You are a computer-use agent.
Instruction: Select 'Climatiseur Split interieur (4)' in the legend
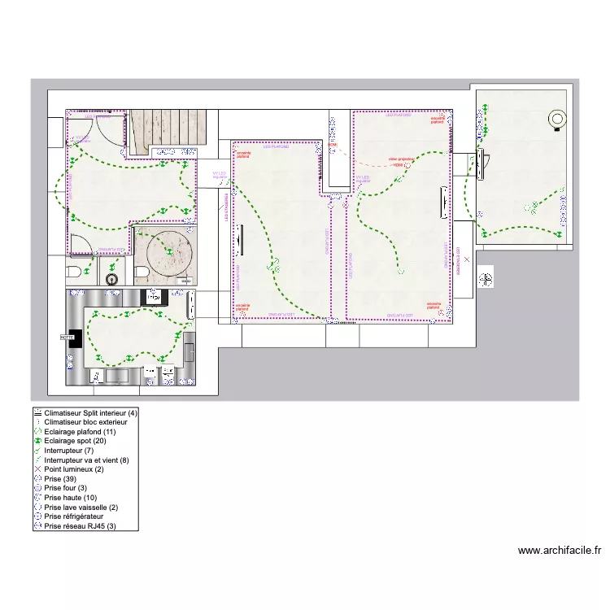pyautogui.click(x=90, y=413)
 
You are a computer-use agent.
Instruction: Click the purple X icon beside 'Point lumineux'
pyautogui.click(x=37, y=469)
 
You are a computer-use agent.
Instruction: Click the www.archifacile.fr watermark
pyautogui.click(x=559, y=551)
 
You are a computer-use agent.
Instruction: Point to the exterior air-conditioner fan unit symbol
pyautogui.click(x=486, y=279)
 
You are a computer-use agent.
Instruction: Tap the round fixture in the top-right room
pyautogui.click(x=557, y=119)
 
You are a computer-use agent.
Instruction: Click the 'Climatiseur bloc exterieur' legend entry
pyautogui.click(x=85, y=422)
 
